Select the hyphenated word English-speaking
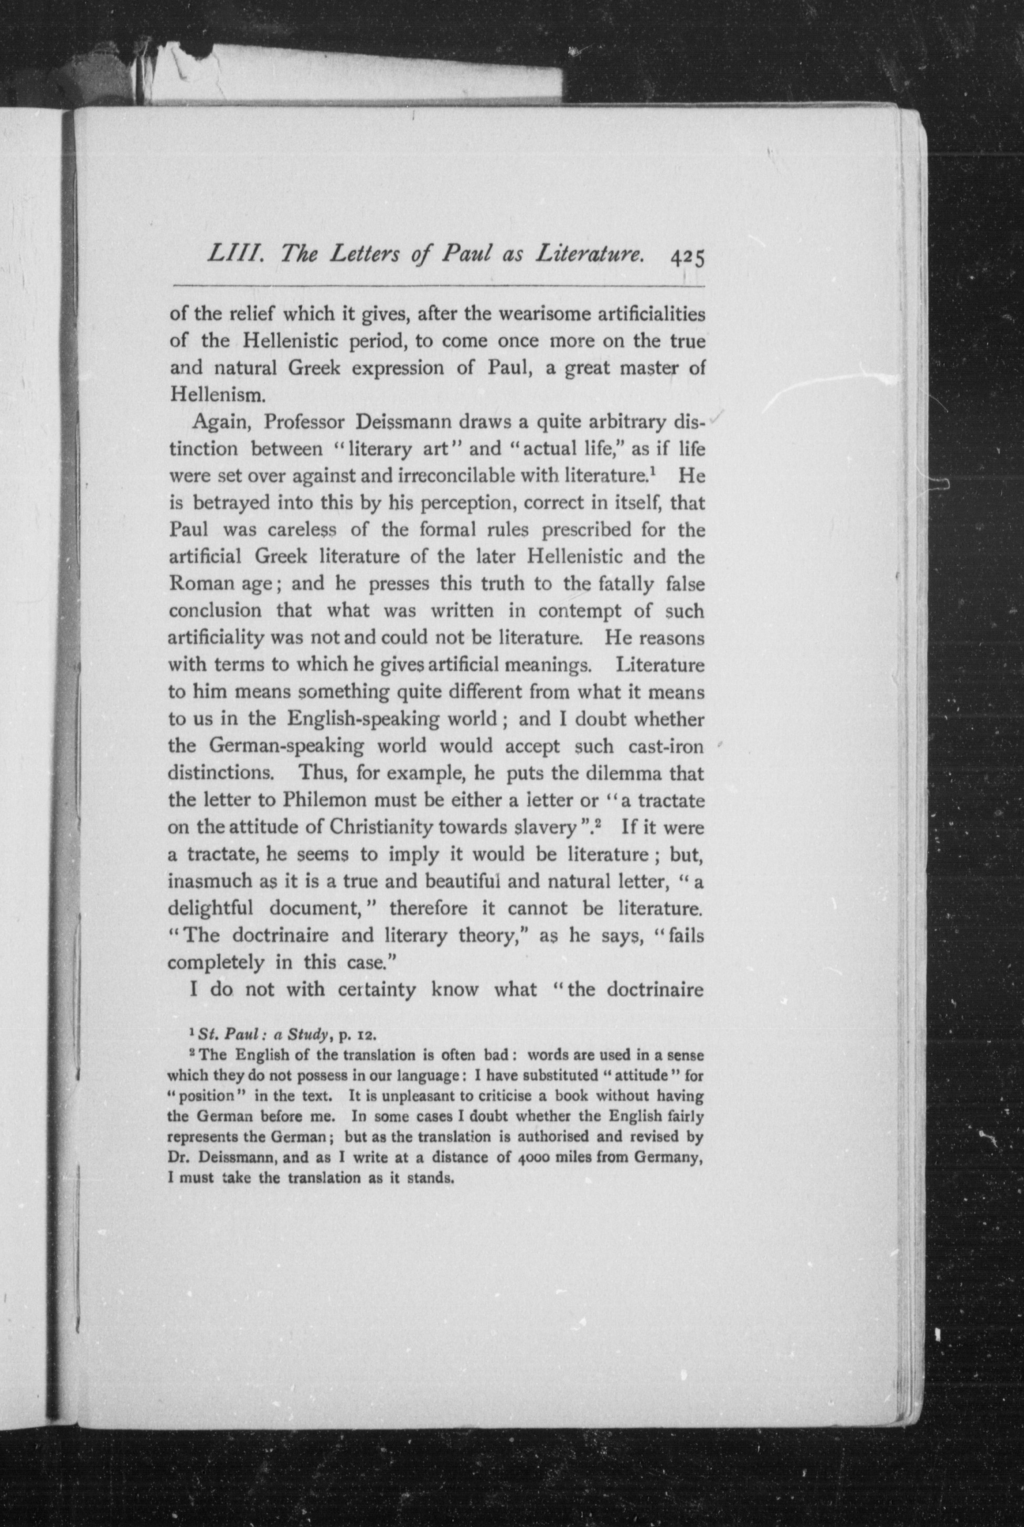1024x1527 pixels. point(391,719)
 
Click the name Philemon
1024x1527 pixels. point(323,800)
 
